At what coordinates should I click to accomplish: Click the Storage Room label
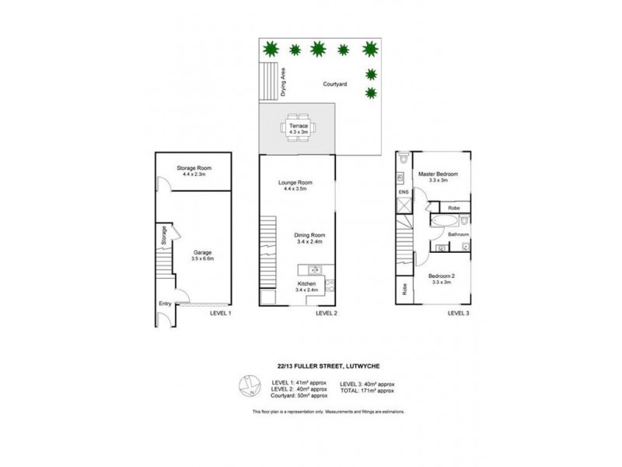click(x=194, y=168)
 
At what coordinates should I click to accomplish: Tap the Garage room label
click(x=202, y=252)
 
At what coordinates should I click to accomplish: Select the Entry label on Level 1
click(x=165, y=303)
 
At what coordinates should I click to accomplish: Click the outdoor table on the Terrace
click(x=299, y=137)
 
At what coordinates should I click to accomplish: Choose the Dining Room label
click(x=309, y=235)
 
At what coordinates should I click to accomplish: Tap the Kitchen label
click(x=306, y=284)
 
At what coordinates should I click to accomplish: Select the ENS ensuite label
click(x=404, y=191)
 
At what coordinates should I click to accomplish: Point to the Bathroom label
click(x=457, y=233)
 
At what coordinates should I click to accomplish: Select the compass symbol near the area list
click(x=250, y=384)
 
